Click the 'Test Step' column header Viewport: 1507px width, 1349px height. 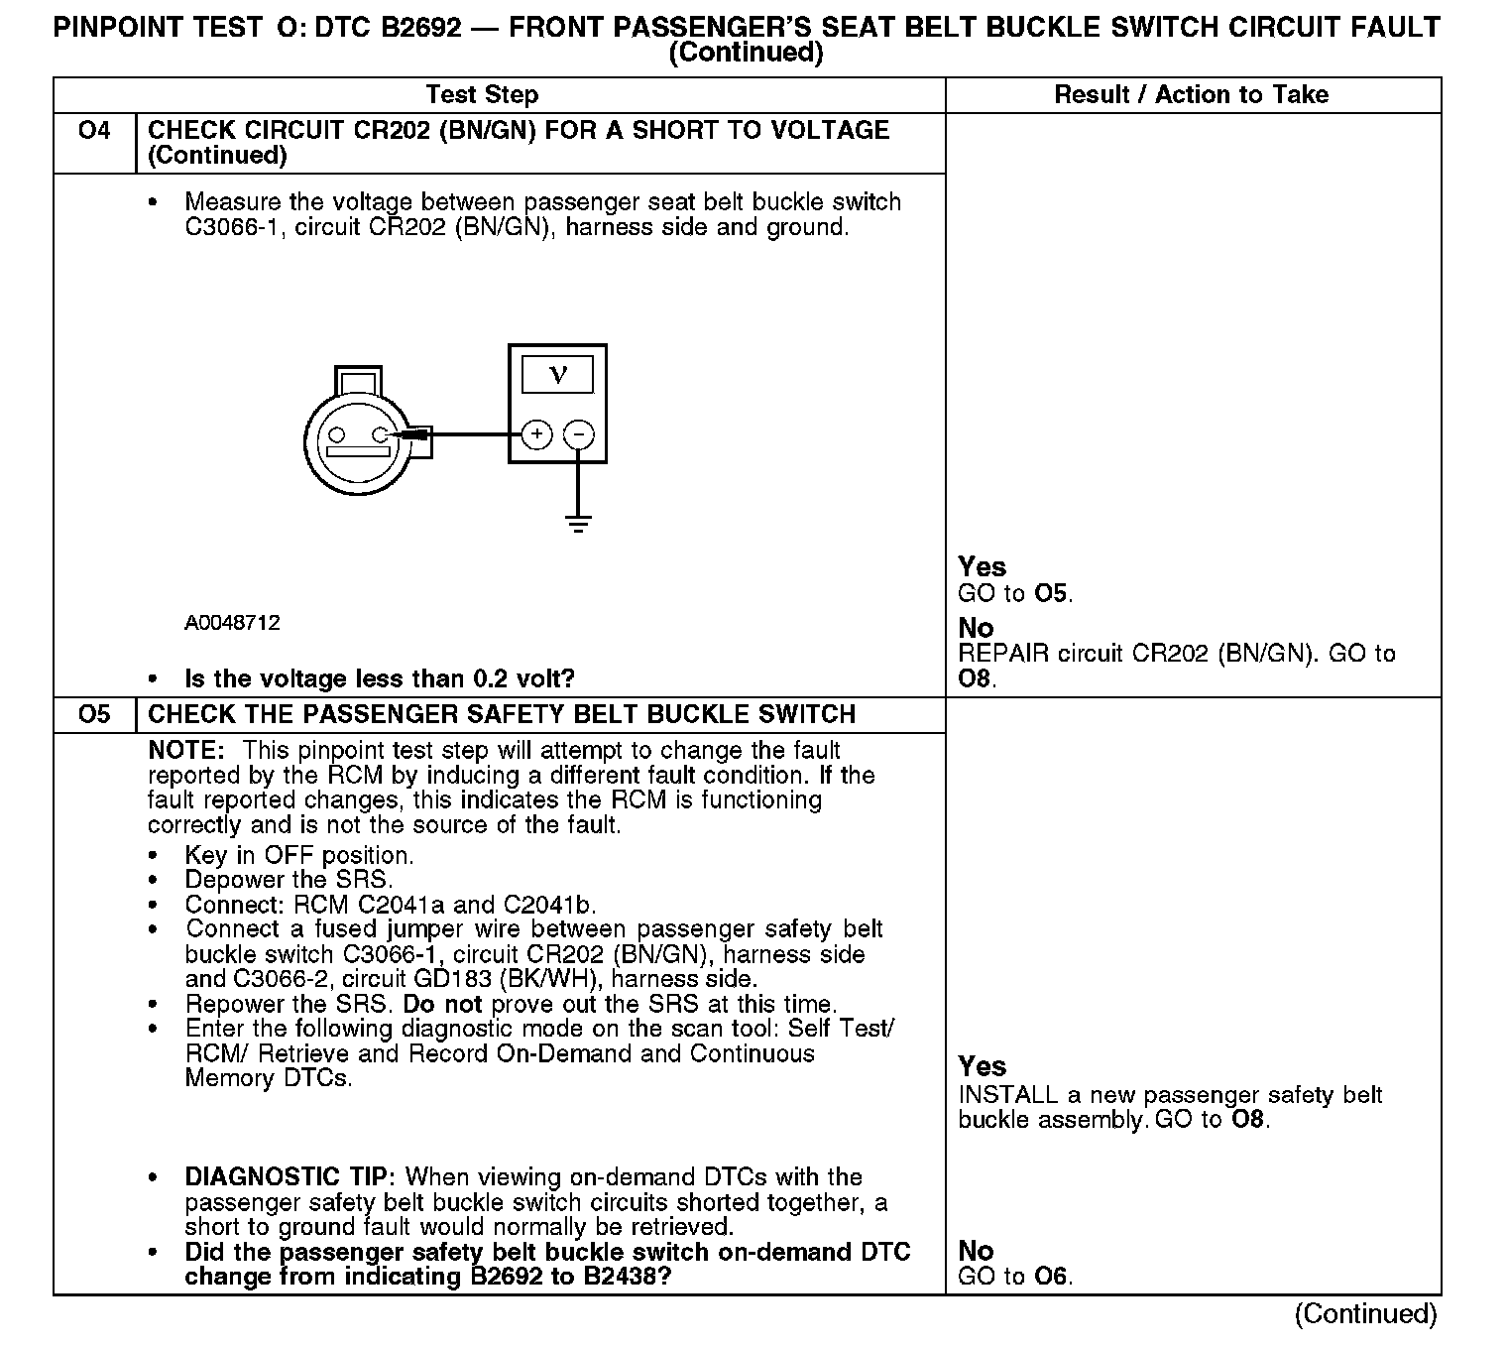482,95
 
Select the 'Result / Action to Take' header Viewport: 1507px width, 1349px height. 1191,95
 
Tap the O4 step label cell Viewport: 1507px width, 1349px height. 94,131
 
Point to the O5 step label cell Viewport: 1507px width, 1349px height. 94,714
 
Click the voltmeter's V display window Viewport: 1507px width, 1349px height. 557,375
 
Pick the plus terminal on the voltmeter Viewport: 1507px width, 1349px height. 536,434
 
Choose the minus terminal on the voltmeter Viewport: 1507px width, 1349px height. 579,434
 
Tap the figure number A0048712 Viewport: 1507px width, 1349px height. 232,623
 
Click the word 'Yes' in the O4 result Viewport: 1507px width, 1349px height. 982,567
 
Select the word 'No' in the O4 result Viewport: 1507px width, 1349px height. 976,628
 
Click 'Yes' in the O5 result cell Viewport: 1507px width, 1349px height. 982,1066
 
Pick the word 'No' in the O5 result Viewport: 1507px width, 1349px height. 976,1251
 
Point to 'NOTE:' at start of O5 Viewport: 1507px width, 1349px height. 187,751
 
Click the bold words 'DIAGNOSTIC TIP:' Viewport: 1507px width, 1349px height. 290,1177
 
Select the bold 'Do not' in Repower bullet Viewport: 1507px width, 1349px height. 442,1004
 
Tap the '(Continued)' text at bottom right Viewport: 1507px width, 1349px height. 1365,1313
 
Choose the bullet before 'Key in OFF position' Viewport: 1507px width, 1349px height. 153,856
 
